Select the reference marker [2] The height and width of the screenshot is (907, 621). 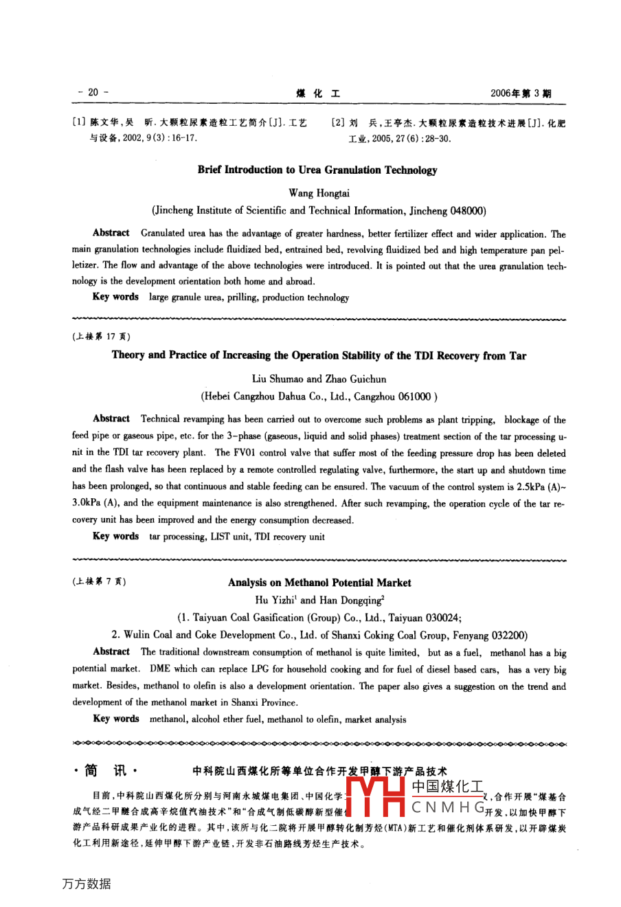[338, 123]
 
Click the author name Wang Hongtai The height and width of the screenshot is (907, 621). [319, 193]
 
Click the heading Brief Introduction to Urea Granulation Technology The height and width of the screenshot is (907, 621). [317, 170]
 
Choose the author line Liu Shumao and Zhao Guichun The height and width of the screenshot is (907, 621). [319, 379]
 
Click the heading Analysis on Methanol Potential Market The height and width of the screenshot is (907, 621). [319, 583]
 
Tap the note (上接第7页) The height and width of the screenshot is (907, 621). [98, 581]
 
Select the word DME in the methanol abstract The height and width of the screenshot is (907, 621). [159, 669]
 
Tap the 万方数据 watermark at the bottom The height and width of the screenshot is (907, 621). [86, 884]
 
